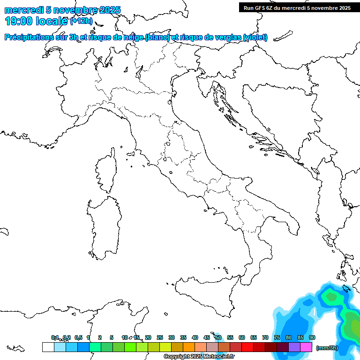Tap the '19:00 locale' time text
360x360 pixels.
pos(36,21)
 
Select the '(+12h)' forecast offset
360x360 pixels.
pos(82,21)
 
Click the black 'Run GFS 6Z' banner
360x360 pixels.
pos(297,7)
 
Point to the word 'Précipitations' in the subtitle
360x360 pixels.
pos(32,37)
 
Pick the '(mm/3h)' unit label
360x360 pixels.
pos(327,347)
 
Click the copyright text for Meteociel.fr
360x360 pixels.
pos(199,356)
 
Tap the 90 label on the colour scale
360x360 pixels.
pos(312,337)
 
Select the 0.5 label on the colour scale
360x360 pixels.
pos(78,337)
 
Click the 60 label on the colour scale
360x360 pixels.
pos(242,337)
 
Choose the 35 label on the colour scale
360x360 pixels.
pos(183,337)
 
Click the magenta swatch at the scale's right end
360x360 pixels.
pos(306,347)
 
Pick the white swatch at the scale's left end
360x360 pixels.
pos(48,347)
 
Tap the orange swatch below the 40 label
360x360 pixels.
pos(189,347)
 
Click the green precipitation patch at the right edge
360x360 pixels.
pos(352,323)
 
